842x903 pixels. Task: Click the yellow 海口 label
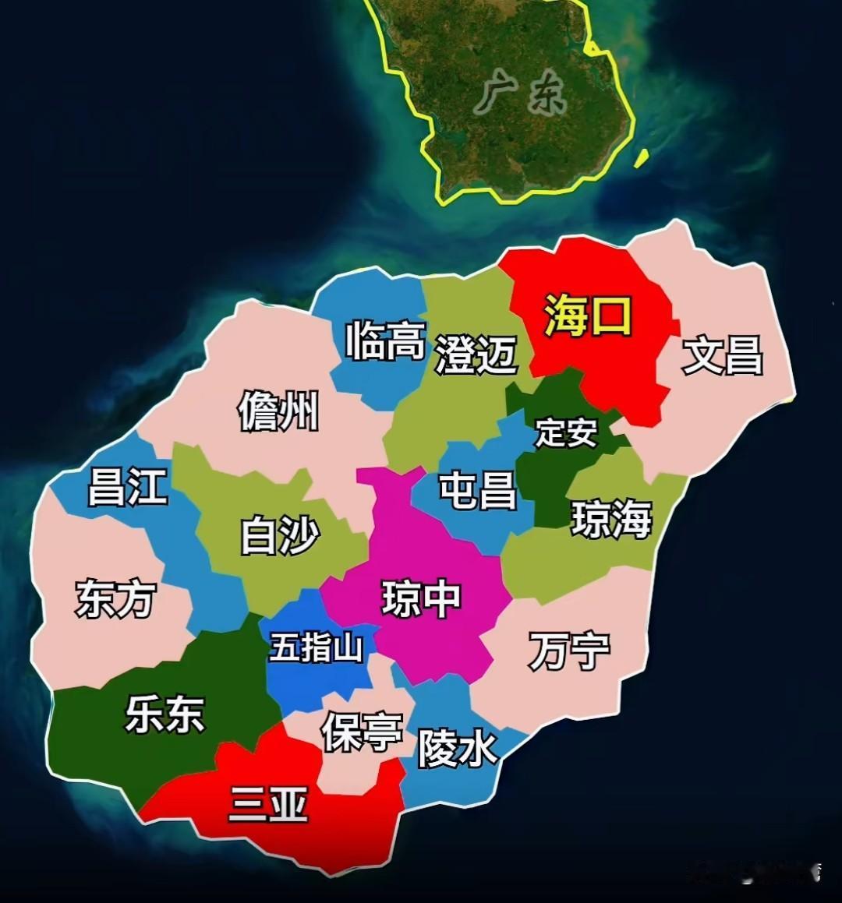coord(587,316)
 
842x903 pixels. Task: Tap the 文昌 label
coord(722,355)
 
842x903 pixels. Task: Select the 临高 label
coord(386,340)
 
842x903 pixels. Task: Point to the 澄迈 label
coord(476,354)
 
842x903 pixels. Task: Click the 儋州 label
coord(278,411)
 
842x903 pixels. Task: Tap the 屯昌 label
coord(478,490)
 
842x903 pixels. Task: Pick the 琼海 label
coord(611,519)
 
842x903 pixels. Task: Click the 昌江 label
coord(127,486)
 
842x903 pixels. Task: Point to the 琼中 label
coord(421,598)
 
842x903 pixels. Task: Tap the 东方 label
coord(115,599)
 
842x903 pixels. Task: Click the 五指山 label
coord(317,647)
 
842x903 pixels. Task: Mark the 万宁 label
coord(569,651)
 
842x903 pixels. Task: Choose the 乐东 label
coord(165,714)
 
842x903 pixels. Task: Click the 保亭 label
coord(362,732)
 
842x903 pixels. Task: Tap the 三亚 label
coord(268,803)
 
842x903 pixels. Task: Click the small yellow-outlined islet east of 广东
coord(641,158)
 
